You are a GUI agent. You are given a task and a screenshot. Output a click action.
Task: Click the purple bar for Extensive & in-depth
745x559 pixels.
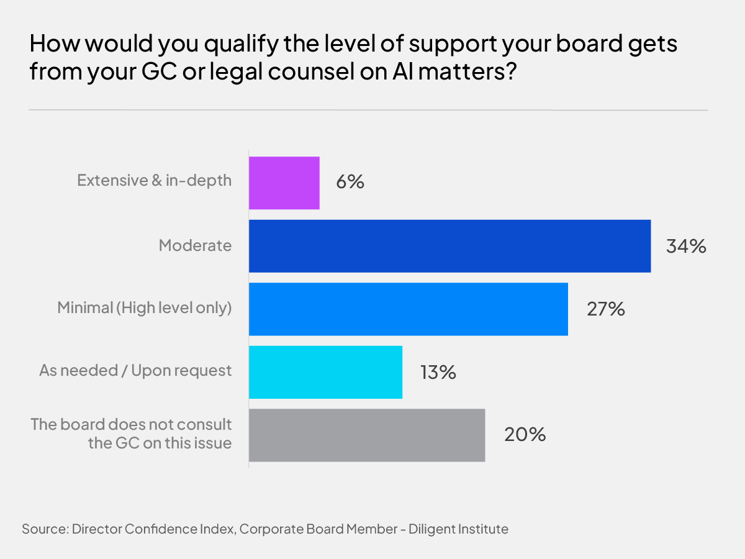click(x=284, y=183)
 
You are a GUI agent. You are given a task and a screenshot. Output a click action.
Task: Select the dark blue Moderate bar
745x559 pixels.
click(x=449, y=246)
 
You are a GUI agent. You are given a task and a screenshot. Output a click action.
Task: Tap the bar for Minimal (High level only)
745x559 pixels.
click(x=409, y=309)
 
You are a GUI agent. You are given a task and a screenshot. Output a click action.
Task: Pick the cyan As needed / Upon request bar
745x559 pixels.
click(x=325, y=372)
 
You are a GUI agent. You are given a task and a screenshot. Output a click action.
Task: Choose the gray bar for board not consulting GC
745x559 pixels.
click(x=367, y=435)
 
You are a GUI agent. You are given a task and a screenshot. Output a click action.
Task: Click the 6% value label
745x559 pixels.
click(x=350, y=183)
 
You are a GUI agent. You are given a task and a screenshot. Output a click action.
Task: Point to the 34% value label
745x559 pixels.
click(x=686, y=246)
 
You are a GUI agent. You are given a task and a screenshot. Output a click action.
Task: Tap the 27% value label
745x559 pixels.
click(x=605, y=309)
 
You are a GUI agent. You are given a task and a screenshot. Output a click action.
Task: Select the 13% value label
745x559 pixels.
click(x=438, y=372)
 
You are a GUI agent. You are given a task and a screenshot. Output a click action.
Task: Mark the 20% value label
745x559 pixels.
click(x=525, y=435)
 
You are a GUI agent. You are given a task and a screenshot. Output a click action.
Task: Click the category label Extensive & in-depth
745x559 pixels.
click(x=154, y=181)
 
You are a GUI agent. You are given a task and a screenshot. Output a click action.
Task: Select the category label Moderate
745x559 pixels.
click(x=195, y=245)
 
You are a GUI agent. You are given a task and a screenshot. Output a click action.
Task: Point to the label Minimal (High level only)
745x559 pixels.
click(x=145, y=308)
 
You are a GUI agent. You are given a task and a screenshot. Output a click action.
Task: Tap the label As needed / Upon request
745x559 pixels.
click(x=135, y=371)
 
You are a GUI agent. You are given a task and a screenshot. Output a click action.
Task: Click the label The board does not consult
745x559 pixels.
click(x=132, y=425)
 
